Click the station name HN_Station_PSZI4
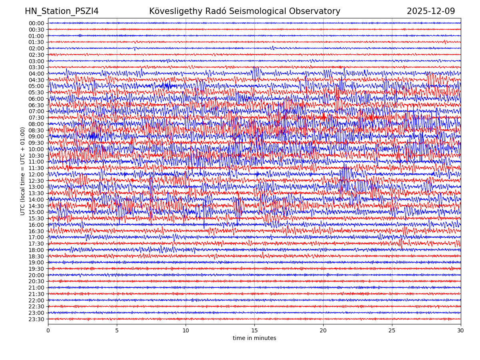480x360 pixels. [62, 11]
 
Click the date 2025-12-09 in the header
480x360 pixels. [431, 11]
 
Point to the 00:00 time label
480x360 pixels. [36, 23]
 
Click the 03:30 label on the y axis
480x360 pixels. [36, 67]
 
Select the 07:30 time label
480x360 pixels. [36, 118]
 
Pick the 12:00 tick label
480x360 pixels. [36, 174]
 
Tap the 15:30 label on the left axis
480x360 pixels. [36, 218]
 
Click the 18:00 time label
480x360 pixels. [36, 250]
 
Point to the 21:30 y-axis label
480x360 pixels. [36, 294]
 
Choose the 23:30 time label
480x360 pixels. [36, 319]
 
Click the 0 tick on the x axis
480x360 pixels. [48, 331]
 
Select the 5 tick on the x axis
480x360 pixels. [117, 331]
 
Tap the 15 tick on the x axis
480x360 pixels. [254, 331]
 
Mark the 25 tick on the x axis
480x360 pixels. [392, 331]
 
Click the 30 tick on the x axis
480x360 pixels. [461, 331]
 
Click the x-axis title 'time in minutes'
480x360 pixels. [254, 338]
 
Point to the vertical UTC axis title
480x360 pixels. [23, 171]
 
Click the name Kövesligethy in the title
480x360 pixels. [176, 11]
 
